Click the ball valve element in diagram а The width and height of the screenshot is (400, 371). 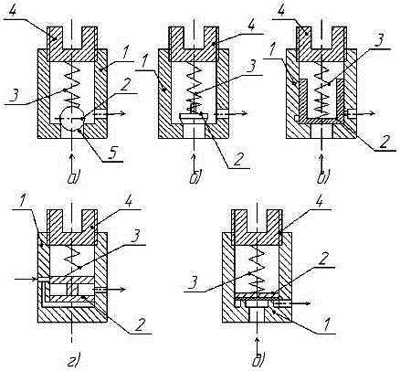pyautogui.click(x=72, y=119)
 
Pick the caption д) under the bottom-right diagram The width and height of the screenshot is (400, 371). pyautogui.click(x=258, y=359)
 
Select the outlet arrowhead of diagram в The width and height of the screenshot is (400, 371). pyautogui.click(x=372, y=113)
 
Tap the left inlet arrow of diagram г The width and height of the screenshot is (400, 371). pyautogui.click(x=27, y=279)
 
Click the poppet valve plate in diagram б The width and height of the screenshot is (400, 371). pyautogui.click(x=194, y=116)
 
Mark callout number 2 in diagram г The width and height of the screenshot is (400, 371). pyautogui.click(x=139, y=325)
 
